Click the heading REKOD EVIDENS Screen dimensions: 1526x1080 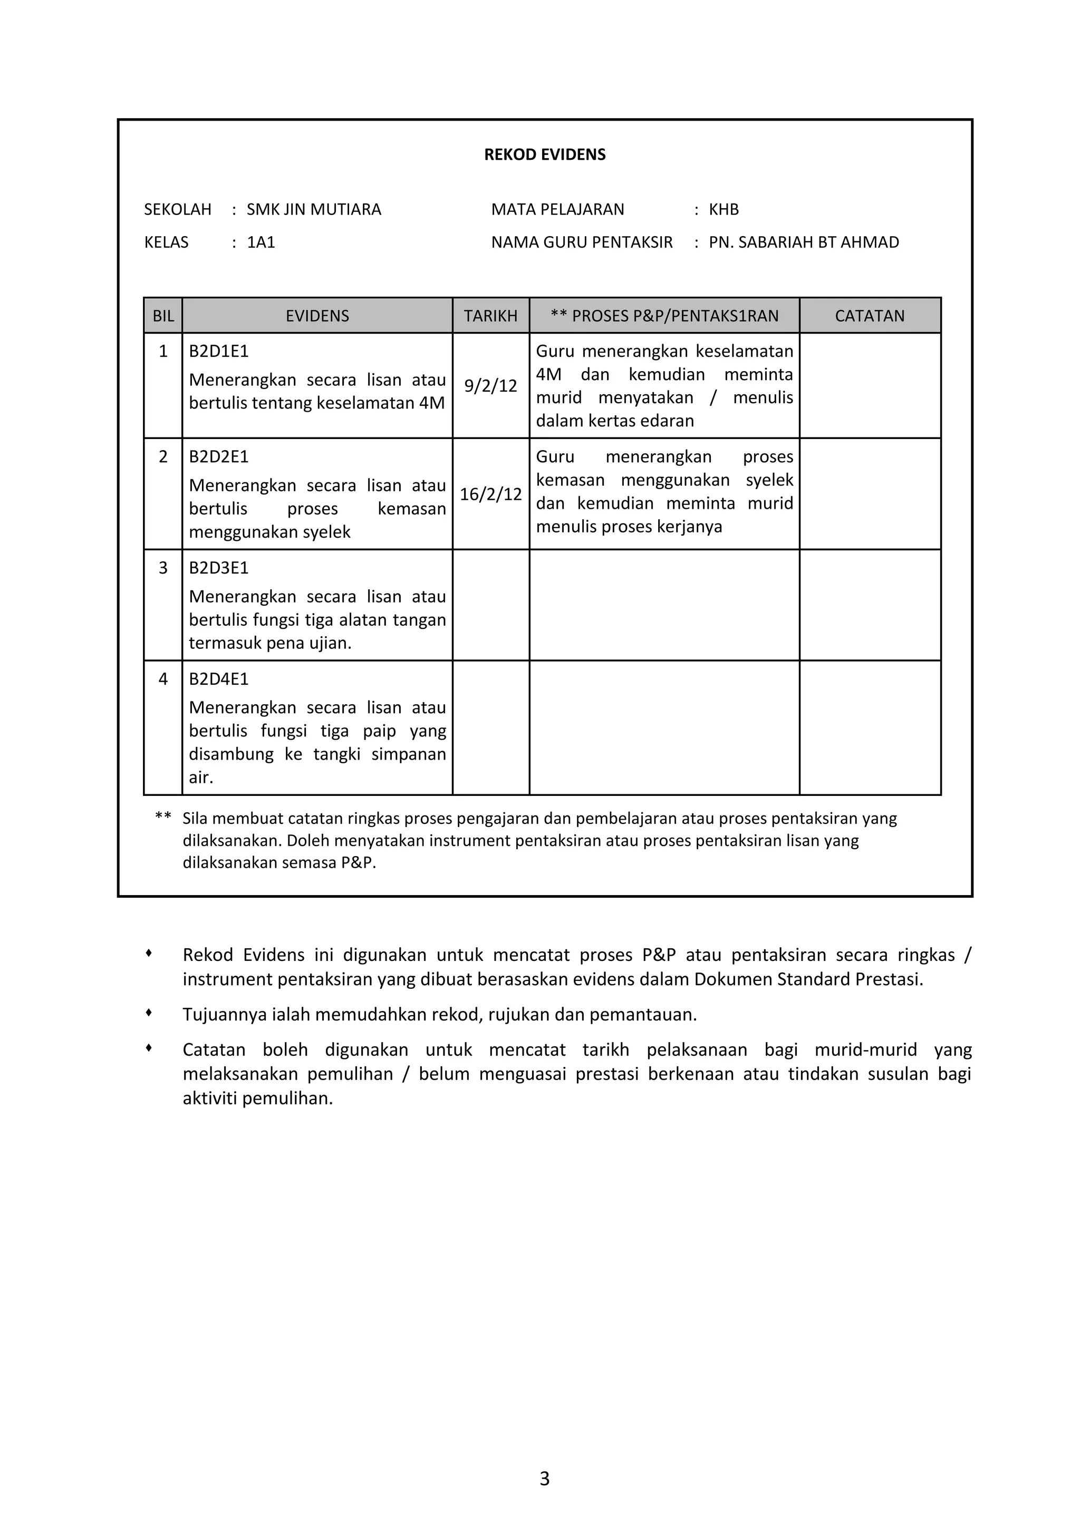point(545,155)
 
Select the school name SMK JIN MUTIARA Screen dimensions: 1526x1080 point(314,209)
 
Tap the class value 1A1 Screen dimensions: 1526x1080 point(261,242)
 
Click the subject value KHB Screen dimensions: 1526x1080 point(724,209)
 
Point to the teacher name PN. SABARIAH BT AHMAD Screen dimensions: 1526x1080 point(803,242)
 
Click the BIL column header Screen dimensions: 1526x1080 point(163,316)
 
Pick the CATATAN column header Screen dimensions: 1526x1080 point(869,316)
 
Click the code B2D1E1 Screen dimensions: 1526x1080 point(219,351)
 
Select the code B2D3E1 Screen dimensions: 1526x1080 point(219,568)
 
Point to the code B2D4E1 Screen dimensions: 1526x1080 point(219,678)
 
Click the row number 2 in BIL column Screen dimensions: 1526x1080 point(163,456)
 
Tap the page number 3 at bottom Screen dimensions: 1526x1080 point(545,1478)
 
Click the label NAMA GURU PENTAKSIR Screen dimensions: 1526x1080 point(582,242)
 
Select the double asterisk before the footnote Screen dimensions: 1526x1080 point(163,816)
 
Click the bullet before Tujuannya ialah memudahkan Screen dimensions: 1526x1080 point(149,1012)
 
